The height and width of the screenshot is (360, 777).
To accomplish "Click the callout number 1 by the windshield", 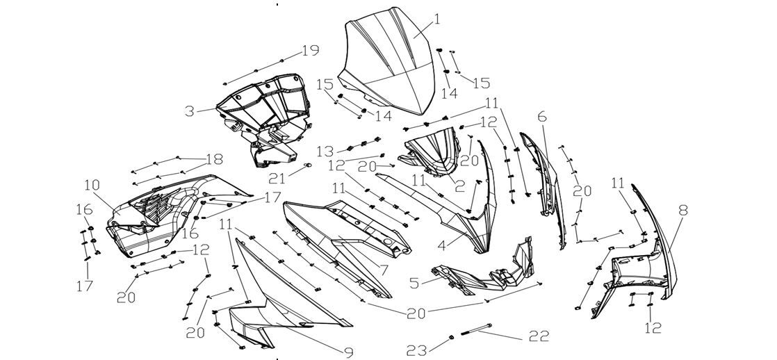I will pos(437,19).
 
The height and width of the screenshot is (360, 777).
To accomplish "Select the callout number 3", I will pos(189,110).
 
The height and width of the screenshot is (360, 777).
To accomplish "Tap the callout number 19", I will pos(309,51).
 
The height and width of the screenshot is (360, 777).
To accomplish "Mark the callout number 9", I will pos(347,352).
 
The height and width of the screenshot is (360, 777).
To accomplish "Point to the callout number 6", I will pos(541,116).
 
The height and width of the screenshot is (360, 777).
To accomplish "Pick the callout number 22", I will pos(539,336).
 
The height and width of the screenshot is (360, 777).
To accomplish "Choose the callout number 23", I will pos(416,351).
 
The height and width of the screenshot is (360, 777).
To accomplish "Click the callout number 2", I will pos(459,186).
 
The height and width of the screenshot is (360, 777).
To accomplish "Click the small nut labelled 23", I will pos(450,337).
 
